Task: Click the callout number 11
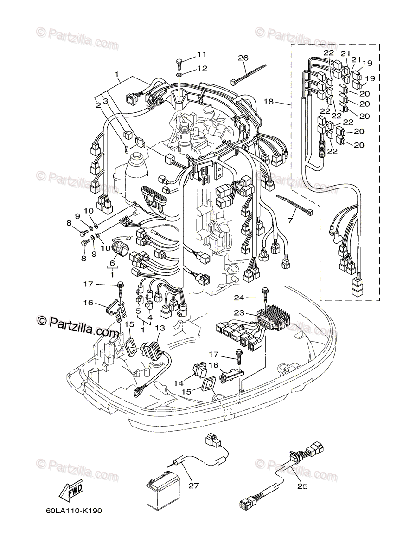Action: (201, 54)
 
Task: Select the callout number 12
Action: (202, 69)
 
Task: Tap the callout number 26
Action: (243, 58)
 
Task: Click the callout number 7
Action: (290, 220)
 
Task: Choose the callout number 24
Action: (252, 297)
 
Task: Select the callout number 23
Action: (251, 313)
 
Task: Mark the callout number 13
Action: (160, 328)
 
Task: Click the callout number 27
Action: (193, 486)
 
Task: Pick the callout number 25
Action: (303, 486)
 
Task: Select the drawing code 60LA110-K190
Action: (74, 511)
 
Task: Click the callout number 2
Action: (98, 105)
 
